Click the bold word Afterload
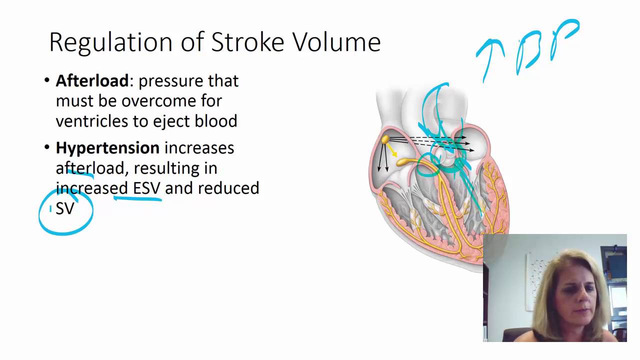pyautogui.click(x=92, y=81)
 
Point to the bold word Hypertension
pyautogui.click(x=107, y=148)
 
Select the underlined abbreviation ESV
pyautogui.click(x=146, y=188)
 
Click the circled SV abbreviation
pyautogui.click(x=65, y=208)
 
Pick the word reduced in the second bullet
pyautogui.click(x=228, y=188)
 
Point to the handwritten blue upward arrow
pyautogui.click(x=490, y=57)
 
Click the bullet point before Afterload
pyautogui.click(x=47, y=81)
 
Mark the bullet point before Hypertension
pyautogui.click(x=47, y=148)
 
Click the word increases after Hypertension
pyautogui.click(x=199, y=148)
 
